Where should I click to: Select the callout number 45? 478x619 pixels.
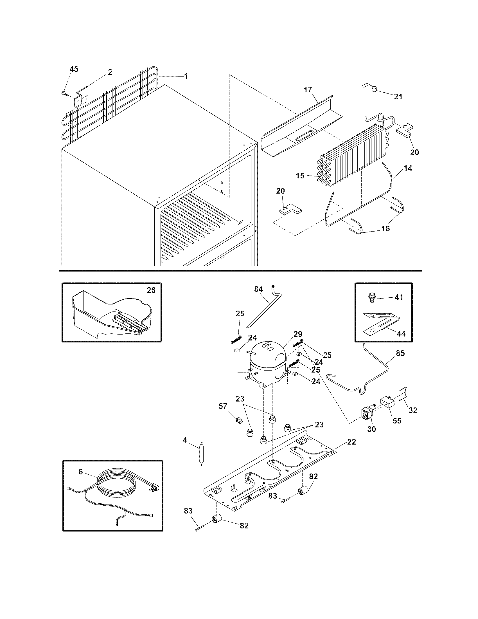click(x=74, y=69)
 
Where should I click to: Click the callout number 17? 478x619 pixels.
click(x=308, y=90)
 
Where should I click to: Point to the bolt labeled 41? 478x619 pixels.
click(x=371, y=297)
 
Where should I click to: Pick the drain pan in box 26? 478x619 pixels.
click(x=113, y=315)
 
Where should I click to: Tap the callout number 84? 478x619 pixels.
click(x=258, y=289)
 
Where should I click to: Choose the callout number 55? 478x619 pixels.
click(x=397, y=421)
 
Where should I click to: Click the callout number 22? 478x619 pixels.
click(x=351, y=442)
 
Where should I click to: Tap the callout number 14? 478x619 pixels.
click(x=408, y=168)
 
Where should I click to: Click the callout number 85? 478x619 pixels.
click(x=400, y=353)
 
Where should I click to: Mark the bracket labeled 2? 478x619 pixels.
click(x=82, y=96)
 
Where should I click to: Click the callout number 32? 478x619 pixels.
click(x=413, y=410)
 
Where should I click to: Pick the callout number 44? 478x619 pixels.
click(x=401, y=334)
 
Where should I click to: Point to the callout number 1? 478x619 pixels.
click(x=186, y=76)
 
